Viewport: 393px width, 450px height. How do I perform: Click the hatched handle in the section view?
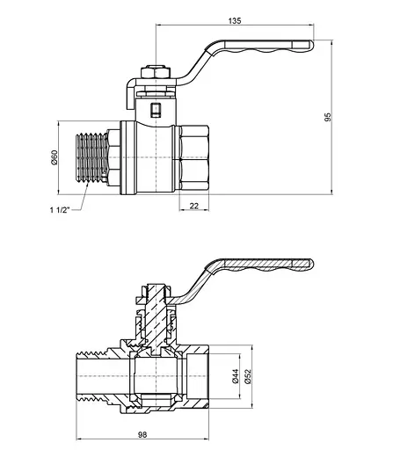tap(264, 266)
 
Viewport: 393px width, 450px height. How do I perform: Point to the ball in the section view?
tap(156, 379)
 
